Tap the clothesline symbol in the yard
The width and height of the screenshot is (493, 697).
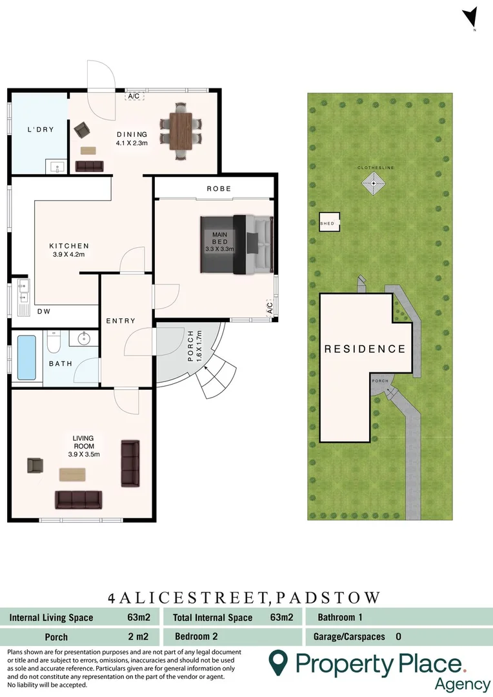pos(374,184)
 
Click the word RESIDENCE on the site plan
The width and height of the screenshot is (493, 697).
pos(365,349)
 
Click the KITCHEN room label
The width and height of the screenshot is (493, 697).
pos(69,246)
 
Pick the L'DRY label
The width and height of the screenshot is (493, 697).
pos(40,130)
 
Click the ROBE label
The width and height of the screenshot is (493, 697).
pos(219,188)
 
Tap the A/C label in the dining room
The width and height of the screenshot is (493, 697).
pos(134,96)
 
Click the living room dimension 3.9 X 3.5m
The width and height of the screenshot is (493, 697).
pos(83,454)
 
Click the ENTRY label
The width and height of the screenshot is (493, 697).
pos(121,321)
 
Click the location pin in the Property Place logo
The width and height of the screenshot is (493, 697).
pos(278,663)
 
